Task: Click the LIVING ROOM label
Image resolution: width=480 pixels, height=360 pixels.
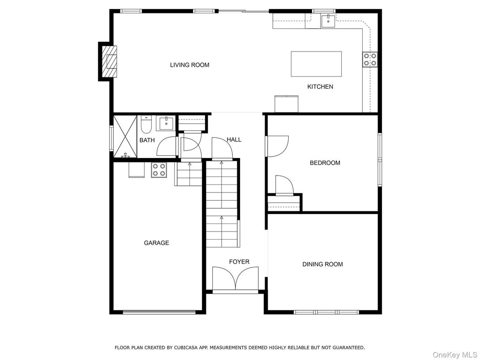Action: pos(189,65)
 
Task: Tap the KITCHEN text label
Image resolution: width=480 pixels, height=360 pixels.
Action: pos(320,86)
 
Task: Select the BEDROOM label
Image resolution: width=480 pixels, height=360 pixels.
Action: pos(325,163)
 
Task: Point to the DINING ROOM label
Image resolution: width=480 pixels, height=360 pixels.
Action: pos(322,264)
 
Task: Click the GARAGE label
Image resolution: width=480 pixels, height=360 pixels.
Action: pos(156,243)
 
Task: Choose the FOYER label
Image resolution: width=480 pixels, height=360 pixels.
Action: pos(239,262)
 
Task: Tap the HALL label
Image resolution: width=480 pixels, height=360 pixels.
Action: pos(234,140)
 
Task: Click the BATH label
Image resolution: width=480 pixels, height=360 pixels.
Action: pos(147,140)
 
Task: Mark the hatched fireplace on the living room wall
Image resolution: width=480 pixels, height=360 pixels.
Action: pos(108,61)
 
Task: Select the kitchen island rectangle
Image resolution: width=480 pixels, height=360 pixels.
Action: pos(316,64)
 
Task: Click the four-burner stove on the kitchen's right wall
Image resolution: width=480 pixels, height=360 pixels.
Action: pos(370,59)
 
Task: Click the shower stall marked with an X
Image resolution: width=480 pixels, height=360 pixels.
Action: pos(124,137)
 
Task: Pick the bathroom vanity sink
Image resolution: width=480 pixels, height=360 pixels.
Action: pos(166,123)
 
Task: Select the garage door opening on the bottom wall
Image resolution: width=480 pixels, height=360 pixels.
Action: pos(159,312)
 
